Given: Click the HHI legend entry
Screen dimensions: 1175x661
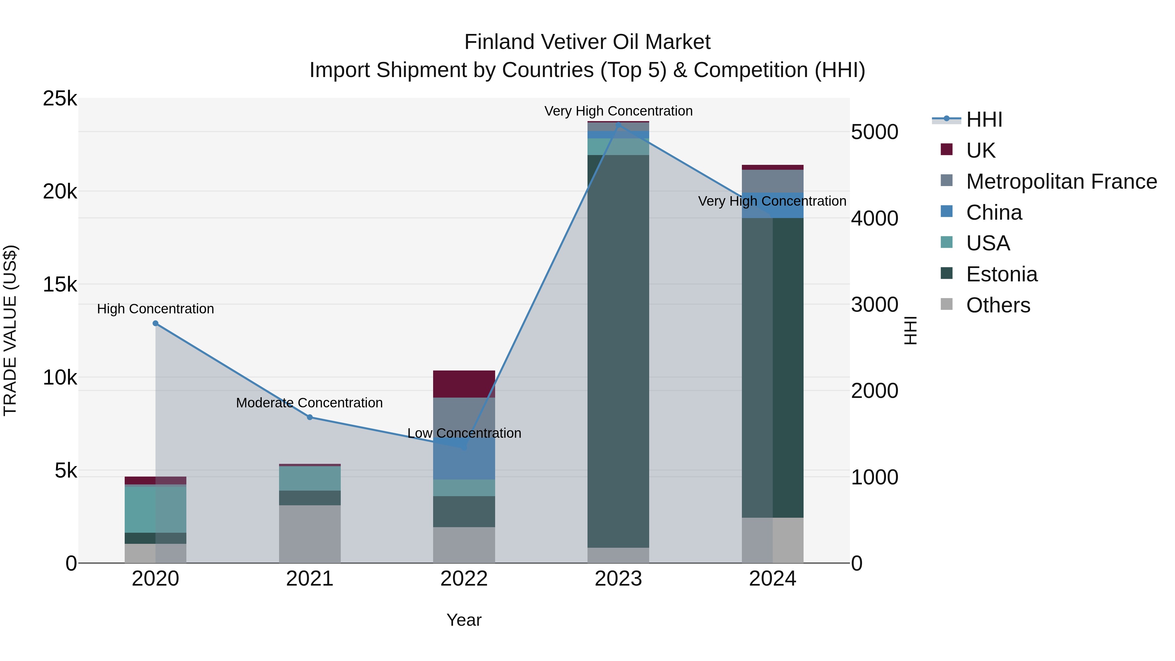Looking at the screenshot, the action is point(984,119).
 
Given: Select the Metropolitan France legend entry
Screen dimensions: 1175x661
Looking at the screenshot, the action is point(1061,181).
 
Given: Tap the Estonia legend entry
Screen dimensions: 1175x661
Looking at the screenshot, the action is point(1002,274).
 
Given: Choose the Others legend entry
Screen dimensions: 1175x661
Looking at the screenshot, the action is point(998,305).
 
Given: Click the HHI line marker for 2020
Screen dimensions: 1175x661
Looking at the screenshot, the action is point(156,323).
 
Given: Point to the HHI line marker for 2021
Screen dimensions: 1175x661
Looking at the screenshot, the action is point(310,417).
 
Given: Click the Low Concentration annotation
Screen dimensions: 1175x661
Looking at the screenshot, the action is point(464,433).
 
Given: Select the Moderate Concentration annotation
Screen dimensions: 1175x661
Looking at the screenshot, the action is point(309,403).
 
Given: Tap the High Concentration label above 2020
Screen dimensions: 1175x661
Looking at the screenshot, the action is point(156,309).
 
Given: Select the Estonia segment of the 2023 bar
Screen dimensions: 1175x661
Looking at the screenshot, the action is point(618,351).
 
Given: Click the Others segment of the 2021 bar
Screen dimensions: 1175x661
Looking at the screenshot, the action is point(310,534).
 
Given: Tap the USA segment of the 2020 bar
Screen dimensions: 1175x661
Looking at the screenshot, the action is point(156,510).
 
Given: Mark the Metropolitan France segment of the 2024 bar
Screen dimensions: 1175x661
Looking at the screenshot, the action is point(772,181).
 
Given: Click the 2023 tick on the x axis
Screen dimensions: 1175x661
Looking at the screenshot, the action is point(618,579).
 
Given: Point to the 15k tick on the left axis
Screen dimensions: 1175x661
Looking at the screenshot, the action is point(60,285).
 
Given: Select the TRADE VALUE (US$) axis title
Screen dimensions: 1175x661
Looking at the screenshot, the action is point(10,330).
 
